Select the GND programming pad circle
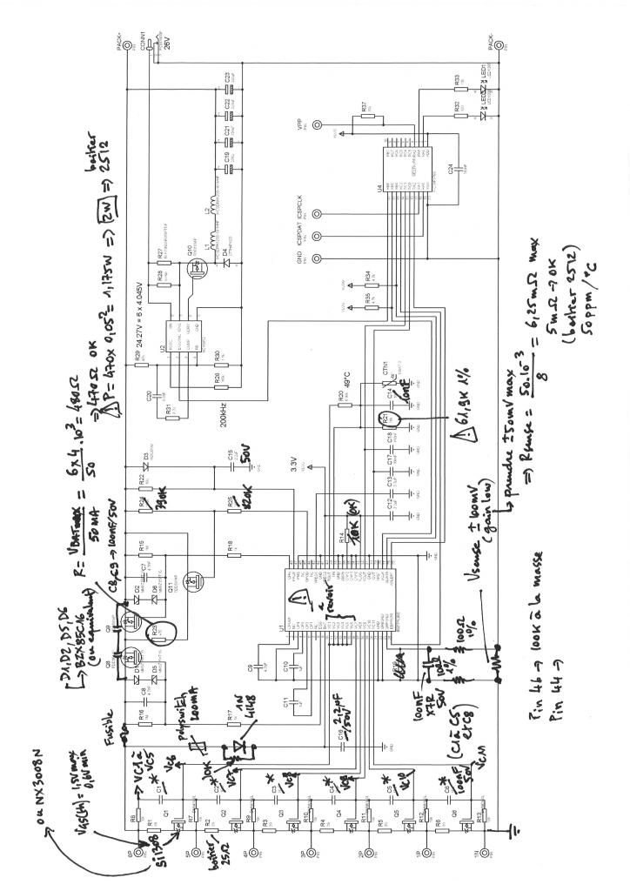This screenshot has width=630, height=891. [x=318, y=258]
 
